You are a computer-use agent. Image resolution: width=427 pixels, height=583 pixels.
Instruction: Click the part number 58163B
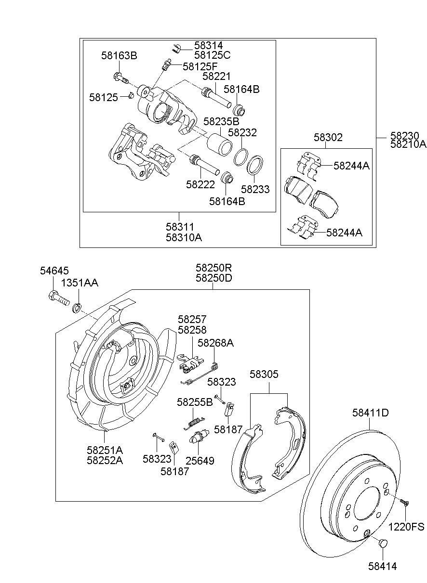coord(119,56)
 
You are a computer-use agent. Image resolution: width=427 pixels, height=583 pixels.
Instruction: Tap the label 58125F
coord(200,66)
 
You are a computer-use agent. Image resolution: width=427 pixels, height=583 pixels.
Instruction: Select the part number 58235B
coord(221,121)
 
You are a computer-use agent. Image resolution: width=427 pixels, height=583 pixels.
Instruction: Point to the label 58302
coord(328,137)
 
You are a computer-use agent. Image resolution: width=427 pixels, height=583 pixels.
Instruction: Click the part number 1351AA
coord(80,283)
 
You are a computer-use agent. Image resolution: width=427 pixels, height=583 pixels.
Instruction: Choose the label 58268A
coord(215,343)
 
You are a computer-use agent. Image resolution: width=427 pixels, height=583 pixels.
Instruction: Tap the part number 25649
coord(200,461)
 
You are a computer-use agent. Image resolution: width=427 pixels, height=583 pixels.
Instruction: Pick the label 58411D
coord(371,413)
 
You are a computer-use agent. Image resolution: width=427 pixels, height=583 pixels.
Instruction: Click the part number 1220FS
coord(406,527)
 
